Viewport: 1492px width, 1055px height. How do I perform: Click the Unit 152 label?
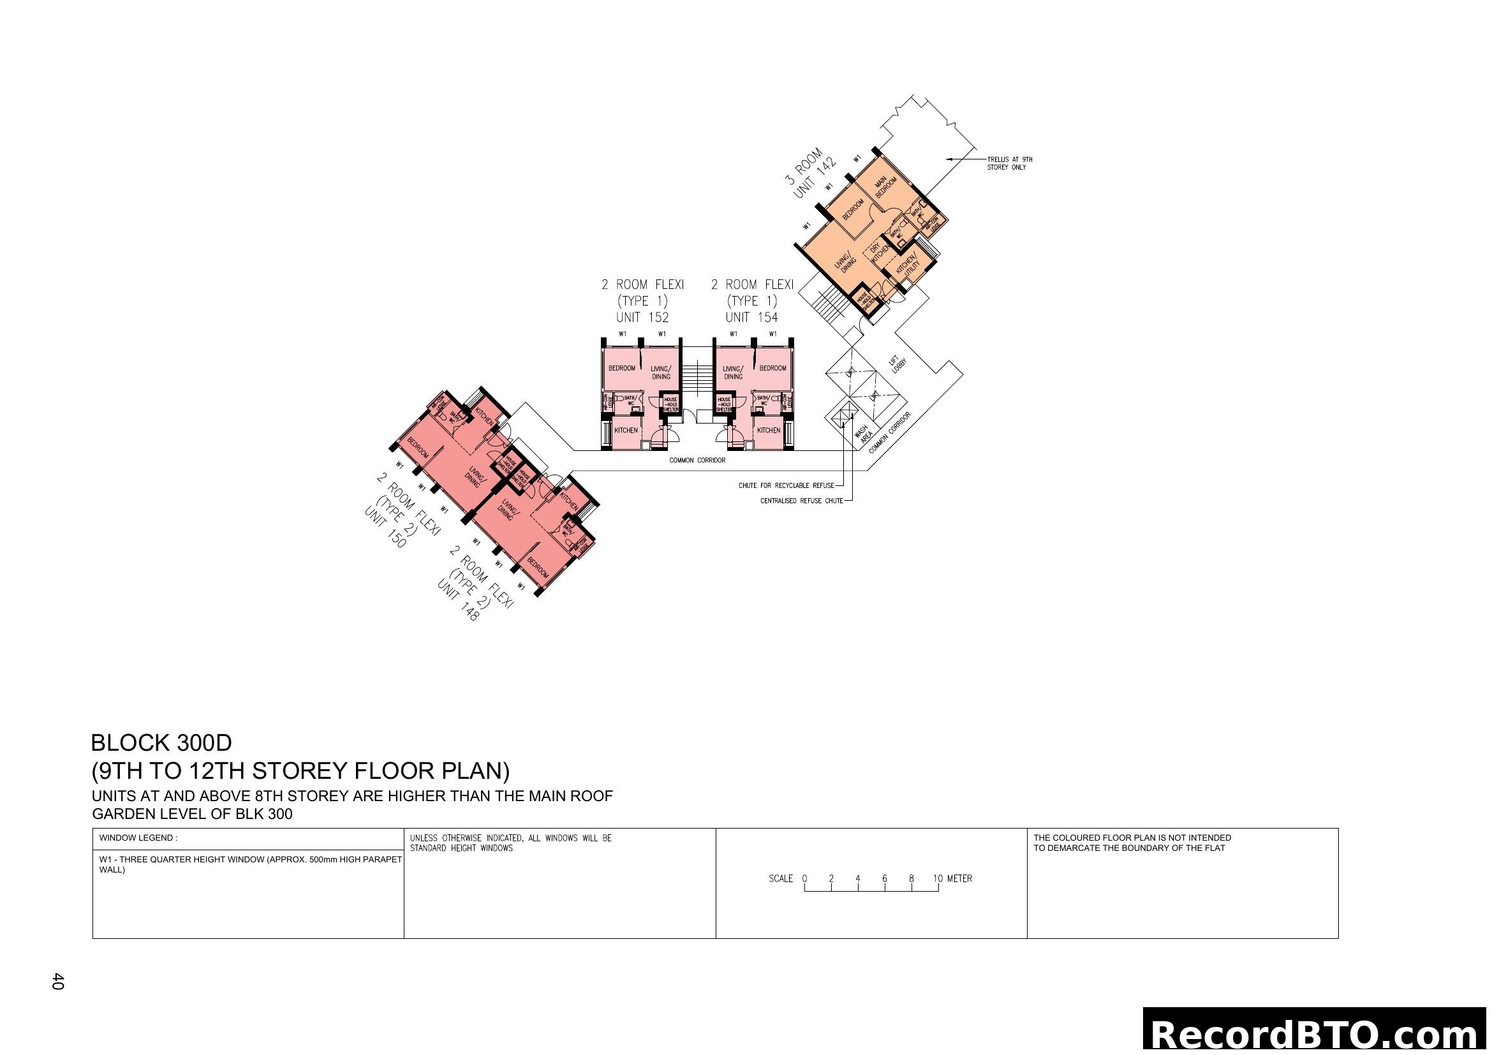[642, 318]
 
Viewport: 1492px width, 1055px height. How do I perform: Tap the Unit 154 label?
[751, 318]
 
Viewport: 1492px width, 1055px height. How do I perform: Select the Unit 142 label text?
[814, 180]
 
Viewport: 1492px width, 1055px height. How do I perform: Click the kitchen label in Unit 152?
[626, 431]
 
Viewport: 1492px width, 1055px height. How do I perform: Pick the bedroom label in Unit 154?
[772, 368]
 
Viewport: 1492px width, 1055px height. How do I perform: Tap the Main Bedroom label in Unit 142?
[885, 186]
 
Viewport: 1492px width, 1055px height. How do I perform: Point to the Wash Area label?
[864, 434]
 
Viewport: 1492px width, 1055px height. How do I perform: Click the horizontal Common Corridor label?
[697, 461]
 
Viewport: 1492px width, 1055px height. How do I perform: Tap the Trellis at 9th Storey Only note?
[1009, 163]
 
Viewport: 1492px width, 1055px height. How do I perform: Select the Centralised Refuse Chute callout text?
[801, 501]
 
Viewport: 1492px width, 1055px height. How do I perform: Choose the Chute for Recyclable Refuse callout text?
[786, 485]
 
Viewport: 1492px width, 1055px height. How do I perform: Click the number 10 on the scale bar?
[938, 878]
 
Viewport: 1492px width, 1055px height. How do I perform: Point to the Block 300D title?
[161, 742]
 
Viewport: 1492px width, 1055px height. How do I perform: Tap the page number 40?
[58, 981]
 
